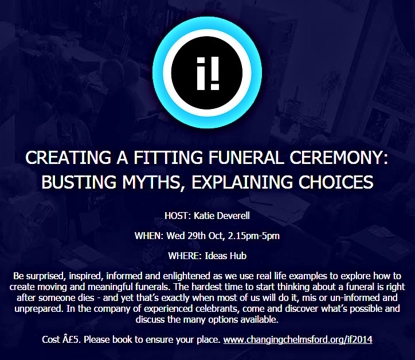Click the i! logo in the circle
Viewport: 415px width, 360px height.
[207, 73]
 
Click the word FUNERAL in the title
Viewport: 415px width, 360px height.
[246, 158]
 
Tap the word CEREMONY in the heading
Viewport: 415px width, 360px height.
[339, 158]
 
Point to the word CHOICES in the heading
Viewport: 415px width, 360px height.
[336, 182]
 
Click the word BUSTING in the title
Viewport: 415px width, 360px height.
[79, 182]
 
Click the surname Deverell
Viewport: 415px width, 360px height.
[234, 216]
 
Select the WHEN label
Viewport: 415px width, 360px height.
[149, 236]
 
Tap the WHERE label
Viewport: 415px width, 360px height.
[185, 256]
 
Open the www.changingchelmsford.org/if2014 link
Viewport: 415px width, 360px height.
[297, 339]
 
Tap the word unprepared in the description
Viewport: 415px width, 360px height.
[38, 309]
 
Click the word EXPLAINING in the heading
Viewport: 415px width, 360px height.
[242, 182]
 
